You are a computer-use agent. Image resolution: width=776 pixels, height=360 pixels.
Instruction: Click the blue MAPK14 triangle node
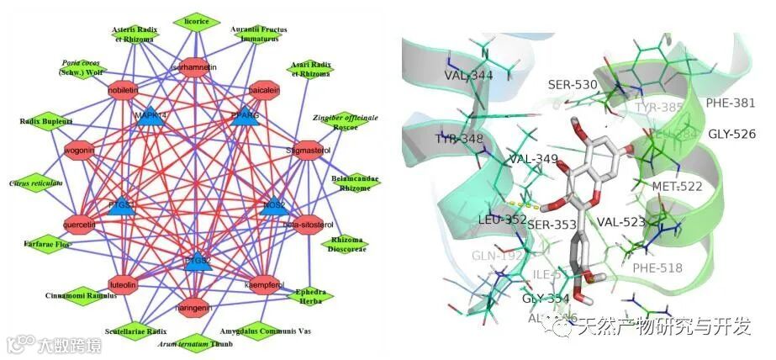point(152,118)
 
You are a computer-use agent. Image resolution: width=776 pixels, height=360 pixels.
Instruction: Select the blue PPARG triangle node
point(244,117)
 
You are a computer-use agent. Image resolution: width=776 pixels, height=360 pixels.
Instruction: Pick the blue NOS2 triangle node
point(272,205)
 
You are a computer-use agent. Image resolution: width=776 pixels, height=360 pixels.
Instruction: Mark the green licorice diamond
point(197,20)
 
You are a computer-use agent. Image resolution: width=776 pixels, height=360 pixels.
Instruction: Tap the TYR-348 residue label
point(459,138)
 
